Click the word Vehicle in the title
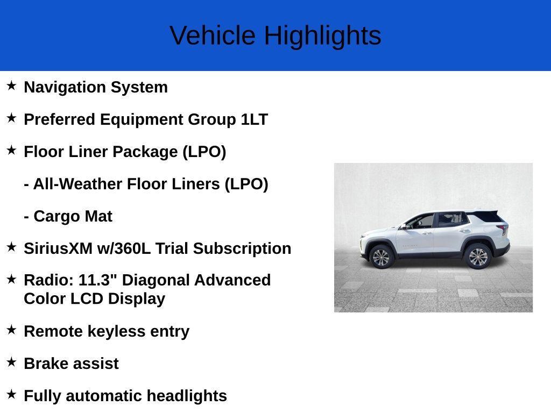213,35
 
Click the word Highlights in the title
323,36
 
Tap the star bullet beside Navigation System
11,86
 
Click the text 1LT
254,119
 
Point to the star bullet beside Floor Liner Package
11,150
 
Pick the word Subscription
242,249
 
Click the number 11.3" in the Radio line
97,280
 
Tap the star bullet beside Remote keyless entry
11,330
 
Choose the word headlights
187,396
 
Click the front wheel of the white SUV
381,258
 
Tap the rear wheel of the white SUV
478,257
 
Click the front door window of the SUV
421,222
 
